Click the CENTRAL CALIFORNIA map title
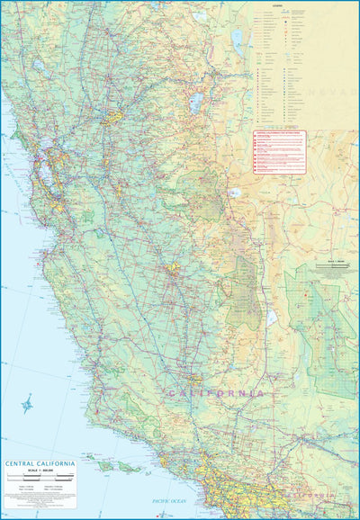(39, 465)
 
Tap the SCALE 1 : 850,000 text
(39, 473)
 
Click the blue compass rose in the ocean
(27, 404)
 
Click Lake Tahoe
(195, 103)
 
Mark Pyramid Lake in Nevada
(238, 38)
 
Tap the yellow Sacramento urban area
(113, 118)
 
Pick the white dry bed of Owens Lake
(272, 317)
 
